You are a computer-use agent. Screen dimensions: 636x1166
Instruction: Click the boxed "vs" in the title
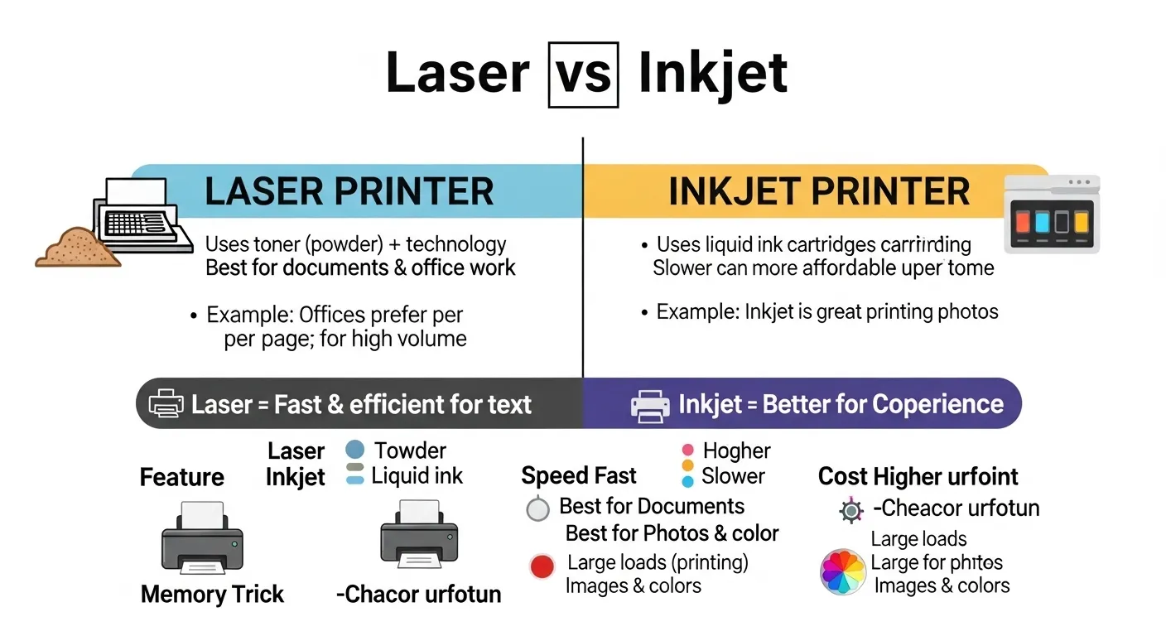pos(583,74)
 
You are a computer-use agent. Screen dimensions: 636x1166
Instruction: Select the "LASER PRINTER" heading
pos(349,191)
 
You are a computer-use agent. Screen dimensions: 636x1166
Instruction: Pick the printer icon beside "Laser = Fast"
pos(166,403)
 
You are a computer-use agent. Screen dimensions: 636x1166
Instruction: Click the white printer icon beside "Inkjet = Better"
pos(650,404)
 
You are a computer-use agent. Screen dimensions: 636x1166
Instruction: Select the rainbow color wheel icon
pos(843,572)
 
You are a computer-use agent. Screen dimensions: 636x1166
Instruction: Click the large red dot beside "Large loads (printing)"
pos(542,566)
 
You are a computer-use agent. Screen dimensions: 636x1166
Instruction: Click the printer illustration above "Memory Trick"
pos(202,539)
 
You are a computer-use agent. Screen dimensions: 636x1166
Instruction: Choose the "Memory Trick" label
pos(212,594)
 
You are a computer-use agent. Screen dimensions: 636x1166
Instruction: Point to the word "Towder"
pos(410,450)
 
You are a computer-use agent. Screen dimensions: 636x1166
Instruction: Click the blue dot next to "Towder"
pos(354,450)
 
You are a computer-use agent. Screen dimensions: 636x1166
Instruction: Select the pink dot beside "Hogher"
pos(687,450)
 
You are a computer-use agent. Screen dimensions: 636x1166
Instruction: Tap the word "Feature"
pos(181,477)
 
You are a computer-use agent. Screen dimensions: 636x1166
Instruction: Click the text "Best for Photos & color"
pos(672,533)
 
